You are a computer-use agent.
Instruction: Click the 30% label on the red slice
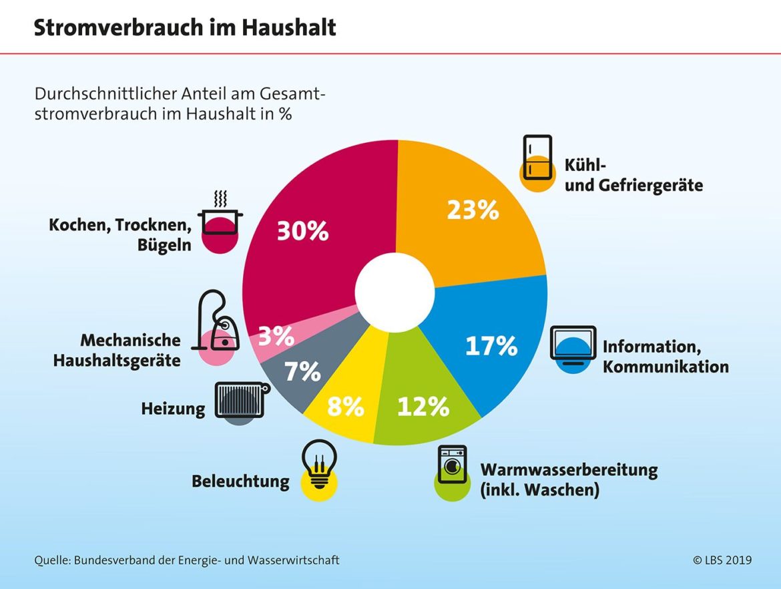click(x=302, y=231)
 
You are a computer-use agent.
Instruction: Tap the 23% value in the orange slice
click(x=473, y=210)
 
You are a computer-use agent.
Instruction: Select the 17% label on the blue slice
click(x=491, y=346)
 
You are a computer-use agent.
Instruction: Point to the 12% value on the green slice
click(x=423, y=406)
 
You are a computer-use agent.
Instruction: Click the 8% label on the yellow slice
click(x=345, y=406)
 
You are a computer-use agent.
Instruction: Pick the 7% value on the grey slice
click(x=302, y=371)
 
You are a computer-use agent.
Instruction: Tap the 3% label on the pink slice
click(x=276, y=337)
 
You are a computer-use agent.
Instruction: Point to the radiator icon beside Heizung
click(x=241, y=401)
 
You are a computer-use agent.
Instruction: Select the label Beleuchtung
click(x=240, y=481)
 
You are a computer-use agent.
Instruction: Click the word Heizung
click(x=173, y=409)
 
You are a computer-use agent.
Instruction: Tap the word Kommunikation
click(x=666, y=367)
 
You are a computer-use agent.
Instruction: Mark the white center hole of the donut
click(x=395, y=290)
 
